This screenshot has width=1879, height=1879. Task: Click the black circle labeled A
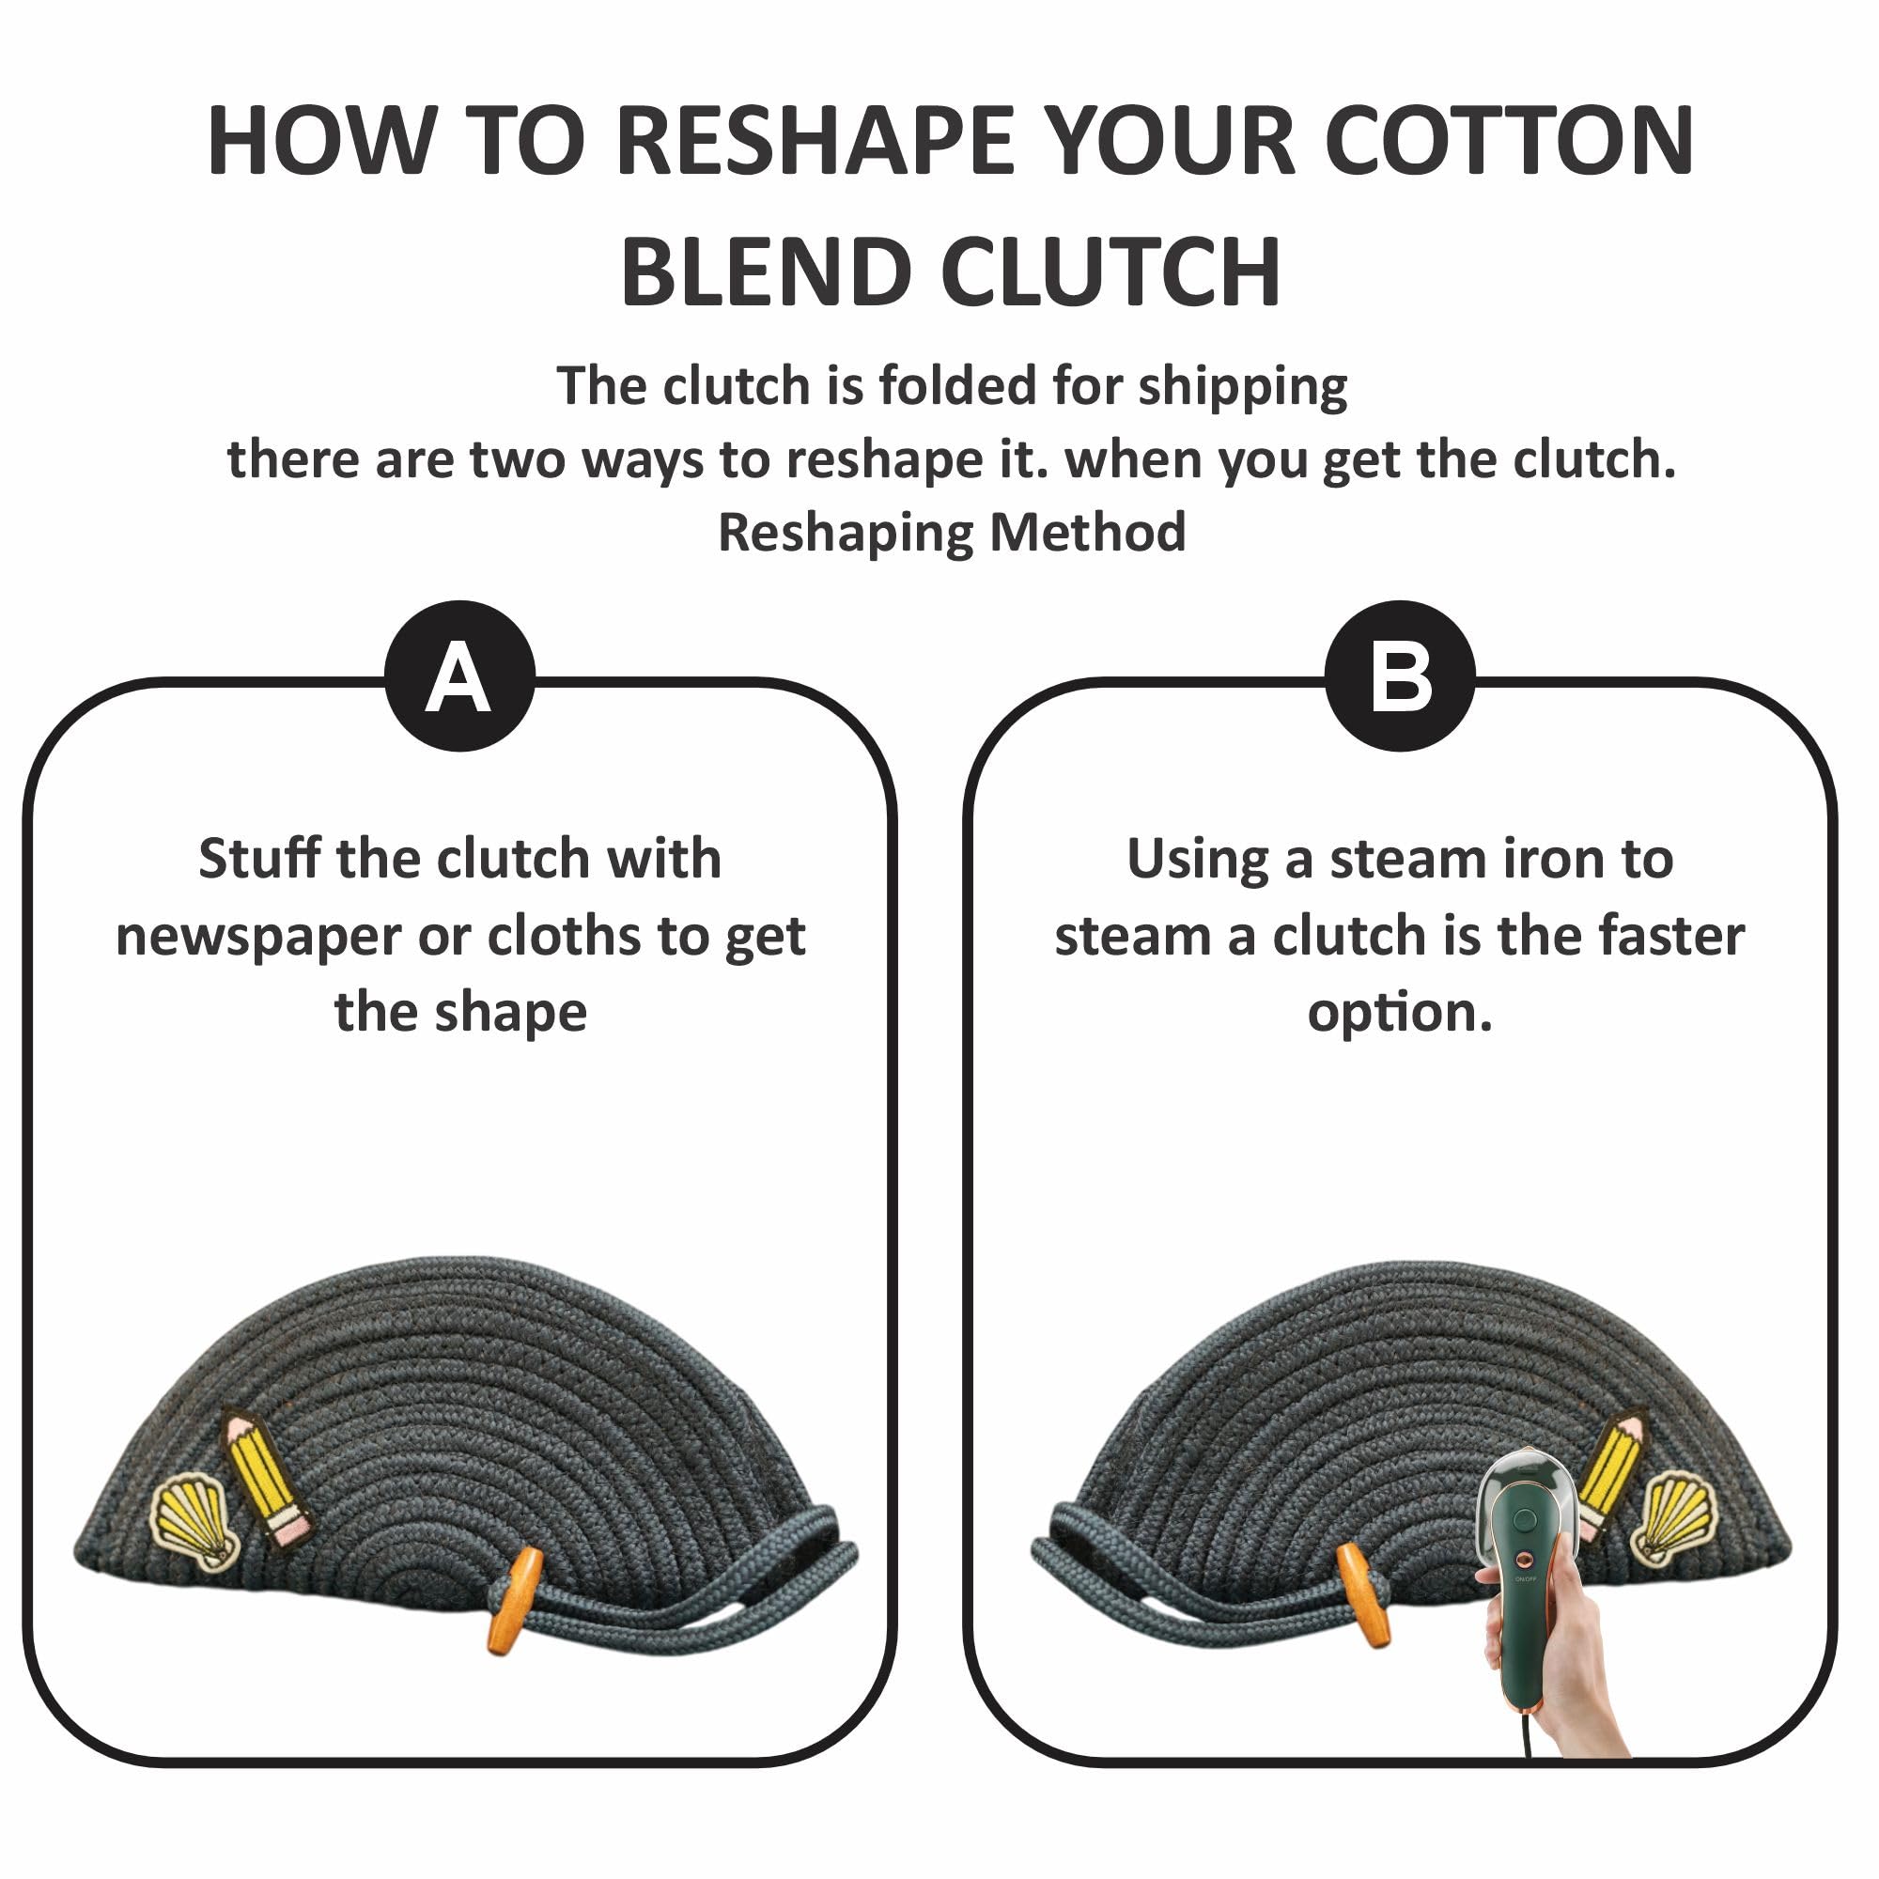point(459,676)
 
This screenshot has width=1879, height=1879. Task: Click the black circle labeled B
point(1400,676)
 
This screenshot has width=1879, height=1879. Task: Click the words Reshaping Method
point(951,533)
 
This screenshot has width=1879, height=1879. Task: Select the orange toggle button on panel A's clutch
point(515,1600)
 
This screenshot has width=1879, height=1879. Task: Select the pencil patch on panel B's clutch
point(1610,1473)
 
